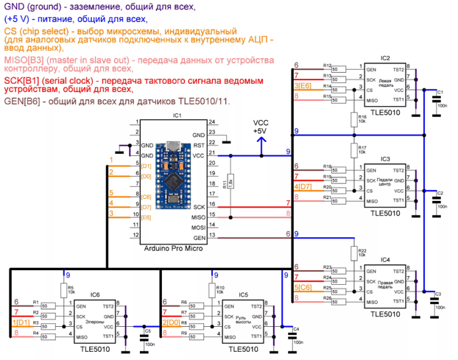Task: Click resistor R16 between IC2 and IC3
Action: point(354,119)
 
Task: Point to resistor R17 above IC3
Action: point(354,149)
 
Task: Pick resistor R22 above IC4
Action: point(354,252)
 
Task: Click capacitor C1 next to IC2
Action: point(429,99)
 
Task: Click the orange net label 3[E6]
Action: point(303,86)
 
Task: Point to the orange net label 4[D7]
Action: point(303,187)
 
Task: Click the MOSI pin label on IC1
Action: point(198,226)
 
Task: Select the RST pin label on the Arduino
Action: point(199,145)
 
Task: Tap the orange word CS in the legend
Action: point(10,32)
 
